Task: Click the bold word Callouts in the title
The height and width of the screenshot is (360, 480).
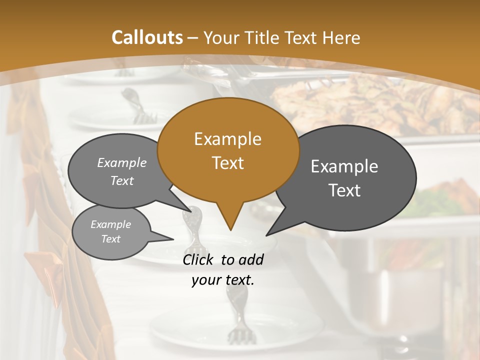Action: (147, 37)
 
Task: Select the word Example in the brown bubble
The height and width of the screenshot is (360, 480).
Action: (227, 139)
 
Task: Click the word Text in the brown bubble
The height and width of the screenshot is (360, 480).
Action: (227, 163)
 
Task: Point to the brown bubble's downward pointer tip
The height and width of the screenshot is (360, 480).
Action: (230, 230)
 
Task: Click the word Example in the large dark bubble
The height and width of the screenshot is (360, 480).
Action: (344, 166)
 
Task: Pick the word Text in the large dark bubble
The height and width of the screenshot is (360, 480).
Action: (345, 190)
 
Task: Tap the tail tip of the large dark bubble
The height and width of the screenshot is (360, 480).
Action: (266, 235)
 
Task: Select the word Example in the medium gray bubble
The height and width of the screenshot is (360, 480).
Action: (122, 162)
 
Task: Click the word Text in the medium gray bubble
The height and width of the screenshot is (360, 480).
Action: (122, 180)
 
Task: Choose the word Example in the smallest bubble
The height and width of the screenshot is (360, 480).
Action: (110, 224)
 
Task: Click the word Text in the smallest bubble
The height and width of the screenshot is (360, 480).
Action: (111, 239)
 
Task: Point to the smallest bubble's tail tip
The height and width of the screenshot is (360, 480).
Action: (173, 239)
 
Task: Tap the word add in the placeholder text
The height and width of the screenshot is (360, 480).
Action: (251, 259)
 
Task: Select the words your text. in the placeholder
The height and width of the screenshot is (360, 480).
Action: (223, 280)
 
